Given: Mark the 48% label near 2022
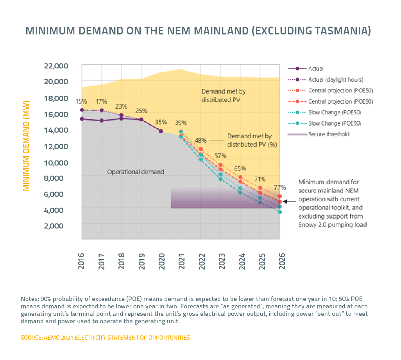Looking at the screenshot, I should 201,140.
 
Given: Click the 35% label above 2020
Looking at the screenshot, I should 161,122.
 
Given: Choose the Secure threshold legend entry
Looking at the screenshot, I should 329,134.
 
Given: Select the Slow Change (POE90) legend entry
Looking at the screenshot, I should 335,123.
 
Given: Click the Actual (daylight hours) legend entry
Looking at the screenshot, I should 336,79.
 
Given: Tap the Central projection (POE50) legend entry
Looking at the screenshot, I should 340,90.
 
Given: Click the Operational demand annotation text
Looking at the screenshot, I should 135,171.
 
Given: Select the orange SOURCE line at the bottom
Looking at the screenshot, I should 105,337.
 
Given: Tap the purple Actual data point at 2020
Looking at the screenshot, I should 161,131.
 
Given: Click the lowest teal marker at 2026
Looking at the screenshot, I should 280,212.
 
